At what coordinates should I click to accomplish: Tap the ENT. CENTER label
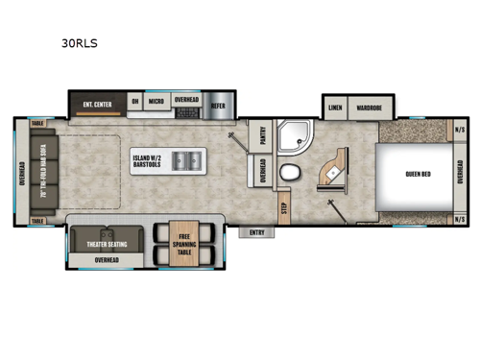(x=99, y=101)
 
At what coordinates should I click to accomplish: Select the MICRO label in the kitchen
(x=156, y=101)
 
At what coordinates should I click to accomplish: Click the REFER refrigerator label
(x=218, y=101)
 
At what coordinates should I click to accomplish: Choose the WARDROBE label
(x=369, y=108)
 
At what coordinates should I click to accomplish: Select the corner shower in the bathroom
(x=291, y=138)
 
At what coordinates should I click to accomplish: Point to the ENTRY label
(x=257, y=231)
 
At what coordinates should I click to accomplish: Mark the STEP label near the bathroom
(x=284, y=204)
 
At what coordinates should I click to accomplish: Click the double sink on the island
(x=190, y=160)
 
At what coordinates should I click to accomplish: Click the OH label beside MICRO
(x=135, y=101)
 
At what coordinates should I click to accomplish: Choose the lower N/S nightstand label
(x=459, y=219)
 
